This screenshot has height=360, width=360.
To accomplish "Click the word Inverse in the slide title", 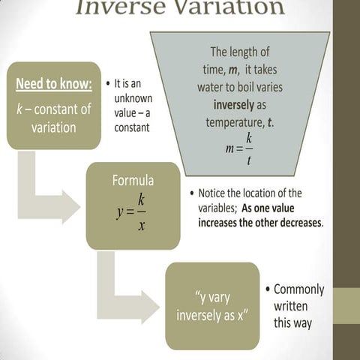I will click(x=121, y=7).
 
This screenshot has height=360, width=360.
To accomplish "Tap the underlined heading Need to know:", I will click(x=54, y=83).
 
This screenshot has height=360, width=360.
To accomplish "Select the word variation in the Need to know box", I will click(x=54, y=127).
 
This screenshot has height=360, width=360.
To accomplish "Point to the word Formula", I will click(x=133, y=181).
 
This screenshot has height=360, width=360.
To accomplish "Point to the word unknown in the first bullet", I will click(x=133, y=98).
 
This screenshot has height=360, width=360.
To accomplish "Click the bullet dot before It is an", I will click(x=109, y=82).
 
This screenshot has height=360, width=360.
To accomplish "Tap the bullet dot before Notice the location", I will click(x=192, y=193).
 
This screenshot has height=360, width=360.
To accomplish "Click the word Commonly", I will click(x=299, y=289).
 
